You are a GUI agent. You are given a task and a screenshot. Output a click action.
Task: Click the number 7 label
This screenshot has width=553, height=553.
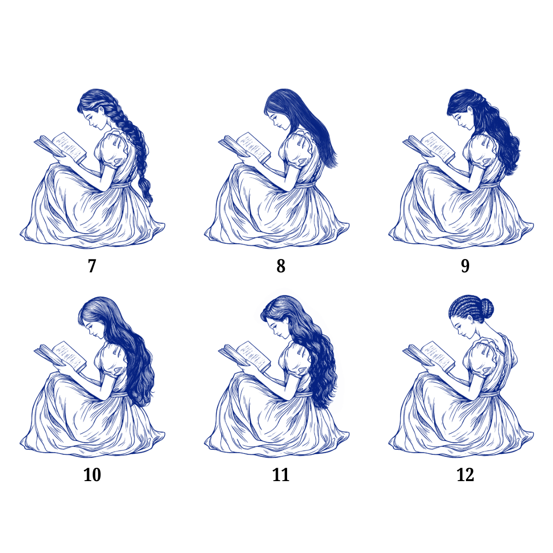(92, 266)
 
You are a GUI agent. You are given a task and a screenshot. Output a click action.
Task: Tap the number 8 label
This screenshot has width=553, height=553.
(281, 266)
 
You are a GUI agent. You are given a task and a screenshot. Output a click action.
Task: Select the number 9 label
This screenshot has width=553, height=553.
(465, 266)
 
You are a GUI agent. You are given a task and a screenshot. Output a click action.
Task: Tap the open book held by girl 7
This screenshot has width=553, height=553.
(60, 147)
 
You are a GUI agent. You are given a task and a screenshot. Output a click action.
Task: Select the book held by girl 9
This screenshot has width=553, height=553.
(429, 147)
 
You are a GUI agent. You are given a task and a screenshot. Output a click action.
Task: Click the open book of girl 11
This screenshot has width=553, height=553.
(245, 356)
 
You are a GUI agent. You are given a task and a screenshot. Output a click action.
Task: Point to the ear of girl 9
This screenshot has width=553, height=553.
(470, 111)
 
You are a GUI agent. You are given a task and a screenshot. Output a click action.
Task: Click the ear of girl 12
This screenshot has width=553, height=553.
(471, 319)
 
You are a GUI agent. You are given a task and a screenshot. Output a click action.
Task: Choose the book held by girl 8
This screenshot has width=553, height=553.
(245, 147)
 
